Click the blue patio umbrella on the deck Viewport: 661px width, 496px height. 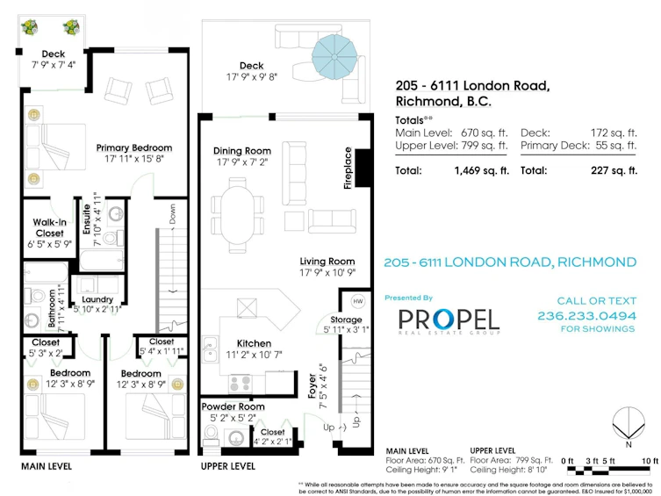pyautogui.click(x=334, y=56)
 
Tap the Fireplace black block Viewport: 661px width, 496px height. pyautogui.click(x=363, y=168)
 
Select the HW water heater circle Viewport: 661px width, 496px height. pyautogui.click(x=358, y=301)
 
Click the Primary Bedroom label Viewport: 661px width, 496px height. pyautogui.click(x=134, y=147)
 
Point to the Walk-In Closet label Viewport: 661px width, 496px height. pyautogui.click(x=50, y=227)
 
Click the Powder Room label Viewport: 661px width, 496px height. pyautogui.click(x=233, y=406)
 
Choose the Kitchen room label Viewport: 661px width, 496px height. pyautogui.click(x=254, y=343)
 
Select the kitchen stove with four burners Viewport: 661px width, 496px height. pyautogui.click(x=241, y=384)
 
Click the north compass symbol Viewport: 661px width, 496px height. pyautogui.click(x=629, y=424)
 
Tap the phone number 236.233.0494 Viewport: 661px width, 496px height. pyautogui.click(x=586, y=316)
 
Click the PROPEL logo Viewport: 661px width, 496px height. pyautogui.click(x=449, y=320)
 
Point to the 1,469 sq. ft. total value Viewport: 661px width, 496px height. pyautogui.click(x=481, y=170)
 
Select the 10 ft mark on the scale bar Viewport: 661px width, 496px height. pyautogui.click(x=650, y=461)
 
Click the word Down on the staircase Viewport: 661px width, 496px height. pyautogui.click(x=172, y=214)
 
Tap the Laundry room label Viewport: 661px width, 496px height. pyautogui.click(x=97, y=299)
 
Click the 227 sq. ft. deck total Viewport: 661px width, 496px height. pyautogui.click(x=614, y=170)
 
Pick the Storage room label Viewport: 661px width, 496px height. pyautogui.click(x=346, y=320)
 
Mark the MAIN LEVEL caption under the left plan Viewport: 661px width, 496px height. pyautogui.click(x=47, y=466)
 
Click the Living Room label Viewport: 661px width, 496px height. pyautogui.click(x=327, y=262)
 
